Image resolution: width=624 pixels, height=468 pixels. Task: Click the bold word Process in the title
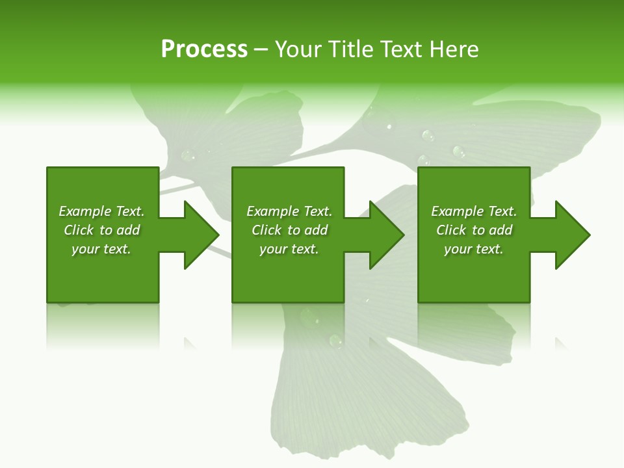click(204, 49)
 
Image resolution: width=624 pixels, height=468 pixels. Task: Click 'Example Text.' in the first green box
click(101, 211)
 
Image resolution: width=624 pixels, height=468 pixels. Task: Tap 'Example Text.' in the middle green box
click(289, 211)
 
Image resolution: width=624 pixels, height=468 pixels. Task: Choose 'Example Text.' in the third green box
click(474, 211)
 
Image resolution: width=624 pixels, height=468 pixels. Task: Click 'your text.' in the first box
click(101, 249)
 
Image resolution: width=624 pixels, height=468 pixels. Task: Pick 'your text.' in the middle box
click(289, 249)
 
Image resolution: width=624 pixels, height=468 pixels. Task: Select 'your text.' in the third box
click(474, 249)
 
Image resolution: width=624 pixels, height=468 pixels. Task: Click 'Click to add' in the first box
click(101, 230)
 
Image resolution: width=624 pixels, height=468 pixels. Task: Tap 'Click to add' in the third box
click(474, 230)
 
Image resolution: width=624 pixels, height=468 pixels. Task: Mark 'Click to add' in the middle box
click(289, 230)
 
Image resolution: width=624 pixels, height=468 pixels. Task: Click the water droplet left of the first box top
click(187, 155)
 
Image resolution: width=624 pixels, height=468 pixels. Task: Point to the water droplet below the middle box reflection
click(335, 340)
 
